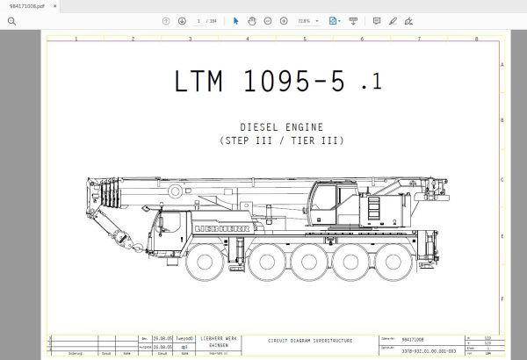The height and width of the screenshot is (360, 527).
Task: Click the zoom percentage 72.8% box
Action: click(x=306, y=20)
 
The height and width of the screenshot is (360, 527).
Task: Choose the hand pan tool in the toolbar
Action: click(x=252, y=20)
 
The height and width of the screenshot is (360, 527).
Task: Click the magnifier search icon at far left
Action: click(x=11, y=20)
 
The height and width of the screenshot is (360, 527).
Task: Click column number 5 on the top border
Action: click(x=304, y=39)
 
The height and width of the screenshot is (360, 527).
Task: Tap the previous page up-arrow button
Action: click(x=166, y=20)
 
